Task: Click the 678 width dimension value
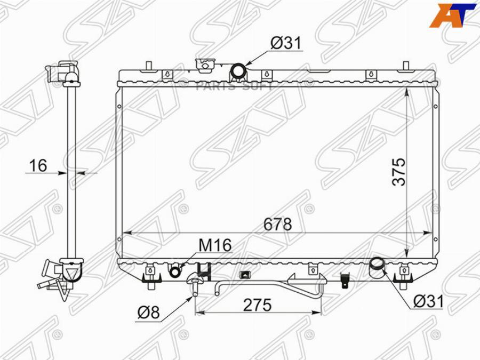coord(277,225)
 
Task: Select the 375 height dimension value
coord(399,172)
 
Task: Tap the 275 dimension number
coord(258,305)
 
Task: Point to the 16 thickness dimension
coord(38,166)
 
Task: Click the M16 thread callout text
coord(215,245)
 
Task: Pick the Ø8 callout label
coord(148,313)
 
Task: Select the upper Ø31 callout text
coord(286,43)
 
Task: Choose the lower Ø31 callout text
coord(428,301)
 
